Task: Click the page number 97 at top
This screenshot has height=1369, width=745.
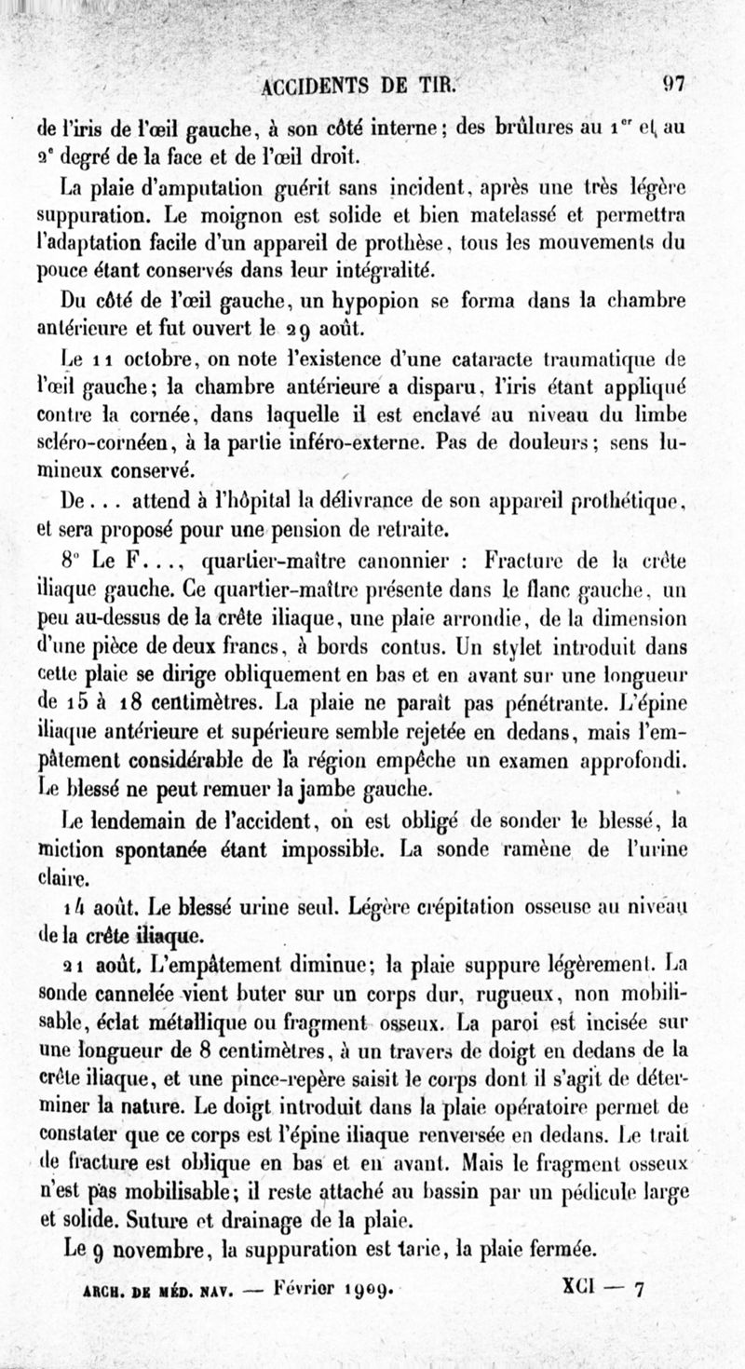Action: point(672,83)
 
